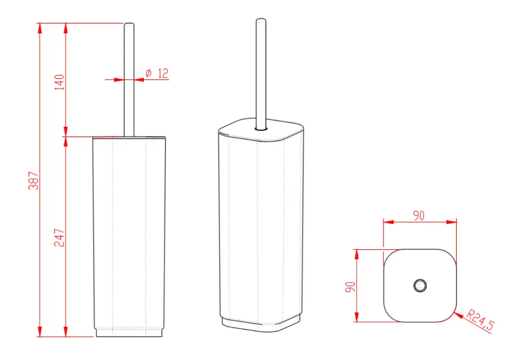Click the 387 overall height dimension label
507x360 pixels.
[33, 181]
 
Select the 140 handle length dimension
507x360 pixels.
[59, 82]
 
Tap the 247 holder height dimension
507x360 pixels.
[59, 238]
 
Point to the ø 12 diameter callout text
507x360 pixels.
[157, 73]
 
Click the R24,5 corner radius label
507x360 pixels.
[481, 320]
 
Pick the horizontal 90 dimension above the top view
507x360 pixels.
[419, 215]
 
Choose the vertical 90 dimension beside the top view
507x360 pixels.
[351, 287]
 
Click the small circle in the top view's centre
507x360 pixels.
[420, 286]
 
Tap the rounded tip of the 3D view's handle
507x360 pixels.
[261, 21]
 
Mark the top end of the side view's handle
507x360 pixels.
[129, 23]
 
